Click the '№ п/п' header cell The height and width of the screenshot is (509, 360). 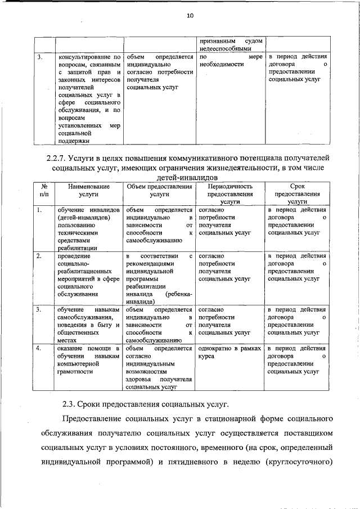click(44, 190)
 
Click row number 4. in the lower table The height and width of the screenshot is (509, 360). click(39, 349)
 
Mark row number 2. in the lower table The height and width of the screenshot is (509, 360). click(39, 256)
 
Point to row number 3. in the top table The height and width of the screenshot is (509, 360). click(39, 57)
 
